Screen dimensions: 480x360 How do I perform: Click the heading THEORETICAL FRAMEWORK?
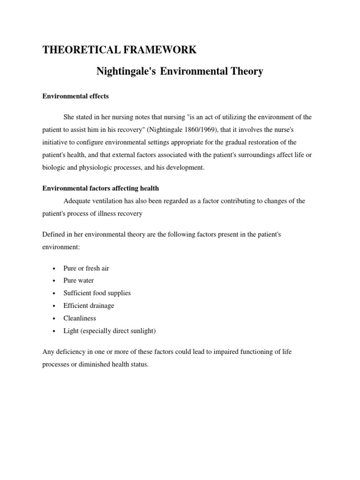[120, 51]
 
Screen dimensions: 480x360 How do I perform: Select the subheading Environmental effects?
[75, 96]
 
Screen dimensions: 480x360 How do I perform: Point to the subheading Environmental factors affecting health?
[101, 188]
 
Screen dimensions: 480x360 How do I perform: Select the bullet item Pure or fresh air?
[86, 268]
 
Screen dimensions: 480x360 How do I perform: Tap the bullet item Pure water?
[79, 280]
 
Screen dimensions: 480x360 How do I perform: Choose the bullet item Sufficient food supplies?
[97, 293]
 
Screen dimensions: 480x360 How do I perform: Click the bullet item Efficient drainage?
[89, 306]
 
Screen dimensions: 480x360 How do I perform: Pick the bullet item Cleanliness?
[80, 318]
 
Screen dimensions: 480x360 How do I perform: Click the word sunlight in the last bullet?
[142, 331]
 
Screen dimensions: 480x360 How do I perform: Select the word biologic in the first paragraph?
[54, 167]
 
